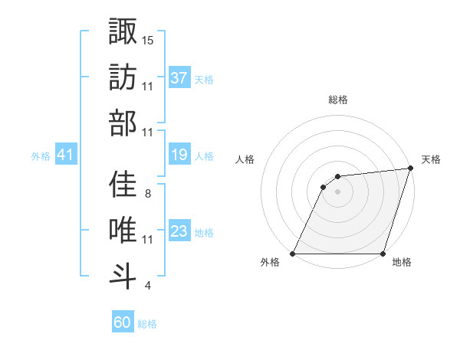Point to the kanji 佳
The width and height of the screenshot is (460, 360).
(123, 184)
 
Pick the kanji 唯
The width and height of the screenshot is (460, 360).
(123, 230)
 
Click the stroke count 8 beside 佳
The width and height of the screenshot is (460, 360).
(147, 193)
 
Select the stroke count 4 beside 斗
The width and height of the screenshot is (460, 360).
(147, 286)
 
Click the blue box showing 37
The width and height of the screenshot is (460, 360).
(179, 78)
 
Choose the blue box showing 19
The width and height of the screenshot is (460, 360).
(179, 155)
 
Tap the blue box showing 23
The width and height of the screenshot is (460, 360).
(179, 231)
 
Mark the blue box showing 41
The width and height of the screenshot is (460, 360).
(66, 155)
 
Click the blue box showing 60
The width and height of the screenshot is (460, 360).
(123, 322)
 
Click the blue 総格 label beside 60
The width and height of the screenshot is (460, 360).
(147, 324)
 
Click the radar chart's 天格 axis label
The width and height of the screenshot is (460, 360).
(431, 159)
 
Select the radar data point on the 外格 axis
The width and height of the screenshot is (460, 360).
(293, 254)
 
